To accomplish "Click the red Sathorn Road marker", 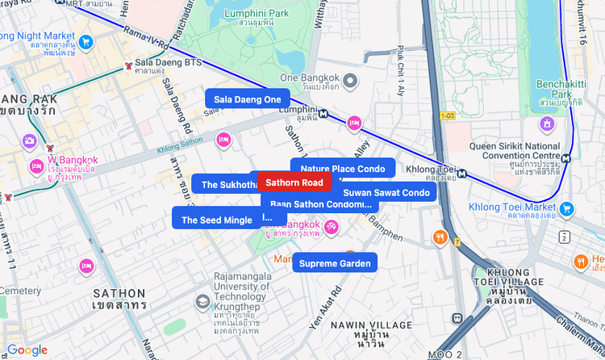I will (x=294, y=183).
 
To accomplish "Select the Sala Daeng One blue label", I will (x=247, y=99).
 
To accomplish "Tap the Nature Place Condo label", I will (x=343, y=169).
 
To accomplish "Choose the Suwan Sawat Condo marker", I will (x=386, y=193).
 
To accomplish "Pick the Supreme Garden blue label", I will (x=335, y=263).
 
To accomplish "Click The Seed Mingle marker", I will (x=216, y=220).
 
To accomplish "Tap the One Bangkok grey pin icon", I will (x=350, y=80).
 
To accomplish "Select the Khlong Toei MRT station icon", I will (x=461, y=171).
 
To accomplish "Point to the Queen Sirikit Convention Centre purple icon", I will (x=548, y=125).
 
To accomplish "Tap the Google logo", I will (x=27, y=350).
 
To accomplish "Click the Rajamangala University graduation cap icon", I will (x=202, y=301).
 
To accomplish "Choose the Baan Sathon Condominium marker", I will (x=319, y=205).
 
